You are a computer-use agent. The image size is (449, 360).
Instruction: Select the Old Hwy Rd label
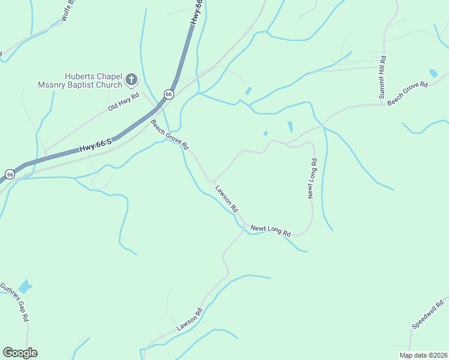point(124,101)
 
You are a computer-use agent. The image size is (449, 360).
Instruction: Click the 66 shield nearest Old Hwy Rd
point(169,94)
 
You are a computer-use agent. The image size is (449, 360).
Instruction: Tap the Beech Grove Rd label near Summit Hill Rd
point(407,94)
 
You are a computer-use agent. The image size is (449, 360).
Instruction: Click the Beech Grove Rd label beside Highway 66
point(170,135)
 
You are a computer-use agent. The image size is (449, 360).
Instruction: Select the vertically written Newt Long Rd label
point(312,178)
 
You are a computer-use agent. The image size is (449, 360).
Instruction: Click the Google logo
point(20,353)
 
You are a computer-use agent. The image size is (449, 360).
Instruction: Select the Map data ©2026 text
point(423,355)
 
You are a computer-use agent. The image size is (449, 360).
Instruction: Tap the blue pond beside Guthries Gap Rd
point(25,287)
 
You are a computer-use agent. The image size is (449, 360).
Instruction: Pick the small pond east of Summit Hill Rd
point(433,74)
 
